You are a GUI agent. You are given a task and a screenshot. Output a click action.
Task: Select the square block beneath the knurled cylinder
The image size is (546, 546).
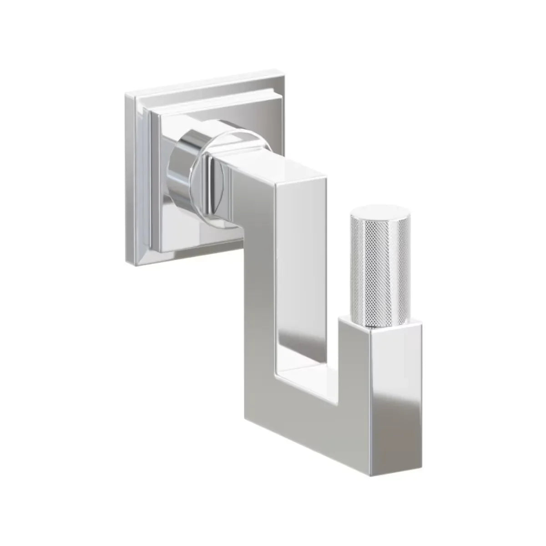point(396,359)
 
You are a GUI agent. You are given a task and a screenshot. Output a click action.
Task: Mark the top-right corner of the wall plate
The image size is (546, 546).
point(278,71)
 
